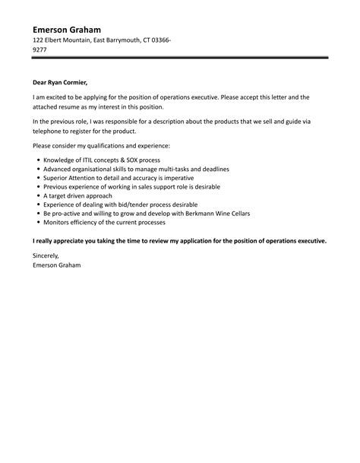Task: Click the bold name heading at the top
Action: tap(68, 28)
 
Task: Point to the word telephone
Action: tap(49, 132)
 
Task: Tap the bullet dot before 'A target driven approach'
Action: tap(38, 195)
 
